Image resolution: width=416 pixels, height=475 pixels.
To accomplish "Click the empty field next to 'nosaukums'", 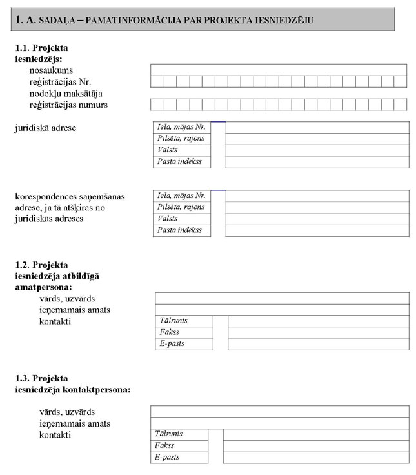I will tap(278, 70).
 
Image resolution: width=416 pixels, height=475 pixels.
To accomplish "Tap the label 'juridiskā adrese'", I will tap(45, 128).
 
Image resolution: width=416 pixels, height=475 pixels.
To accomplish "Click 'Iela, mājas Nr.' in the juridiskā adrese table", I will tap(181, 127).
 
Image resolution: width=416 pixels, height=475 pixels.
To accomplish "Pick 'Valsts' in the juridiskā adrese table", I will tap(168, 150).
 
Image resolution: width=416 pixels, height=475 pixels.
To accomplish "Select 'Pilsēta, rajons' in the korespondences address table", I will tap(181, 207).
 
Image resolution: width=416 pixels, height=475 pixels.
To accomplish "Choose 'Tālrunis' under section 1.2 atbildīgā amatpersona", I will tap(173, 321).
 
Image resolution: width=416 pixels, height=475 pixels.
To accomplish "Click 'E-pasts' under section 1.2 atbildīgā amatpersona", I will tap(172, 344).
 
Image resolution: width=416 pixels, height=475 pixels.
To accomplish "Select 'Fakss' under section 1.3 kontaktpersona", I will tap(165, 445).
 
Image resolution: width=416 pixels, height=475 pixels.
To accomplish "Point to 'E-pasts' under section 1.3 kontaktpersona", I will tap(167, 457).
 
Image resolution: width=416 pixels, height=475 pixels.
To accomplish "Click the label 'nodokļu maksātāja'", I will tap(66, 93).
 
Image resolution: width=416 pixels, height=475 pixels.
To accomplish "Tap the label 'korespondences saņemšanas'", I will tap(70, 196).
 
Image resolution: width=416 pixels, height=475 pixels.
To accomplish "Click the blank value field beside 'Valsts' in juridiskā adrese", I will tap(317, 150).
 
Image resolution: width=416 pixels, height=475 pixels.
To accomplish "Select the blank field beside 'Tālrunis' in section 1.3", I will tap(315, 434).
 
